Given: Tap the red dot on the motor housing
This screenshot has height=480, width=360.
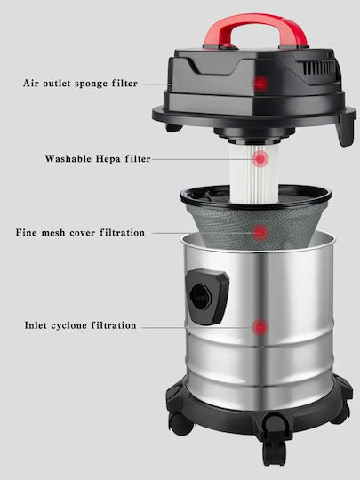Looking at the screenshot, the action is (260, 84).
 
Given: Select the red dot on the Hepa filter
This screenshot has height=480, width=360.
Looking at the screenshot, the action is (260, 159).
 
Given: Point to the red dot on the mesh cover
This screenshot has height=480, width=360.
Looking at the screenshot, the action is (260, 233).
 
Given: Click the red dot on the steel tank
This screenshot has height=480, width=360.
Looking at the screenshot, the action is (260, 327).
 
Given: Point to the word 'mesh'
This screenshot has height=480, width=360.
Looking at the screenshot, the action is (53, 233).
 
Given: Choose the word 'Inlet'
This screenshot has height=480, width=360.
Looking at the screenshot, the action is (36, 325).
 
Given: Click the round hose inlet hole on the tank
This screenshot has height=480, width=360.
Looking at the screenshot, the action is (200, 296).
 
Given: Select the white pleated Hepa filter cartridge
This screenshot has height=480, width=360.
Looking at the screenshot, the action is (253, 173).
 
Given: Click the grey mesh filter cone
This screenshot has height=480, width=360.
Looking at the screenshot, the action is (256, 226).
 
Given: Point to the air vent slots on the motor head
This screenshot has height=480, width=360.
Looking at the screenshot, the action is (318, 68).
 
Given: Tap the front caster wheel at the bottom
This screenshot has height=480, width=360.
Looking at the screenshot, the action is (274, 453).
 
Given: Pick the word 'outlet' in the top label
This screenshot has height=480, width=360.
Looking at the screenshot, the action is (57, 84).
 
